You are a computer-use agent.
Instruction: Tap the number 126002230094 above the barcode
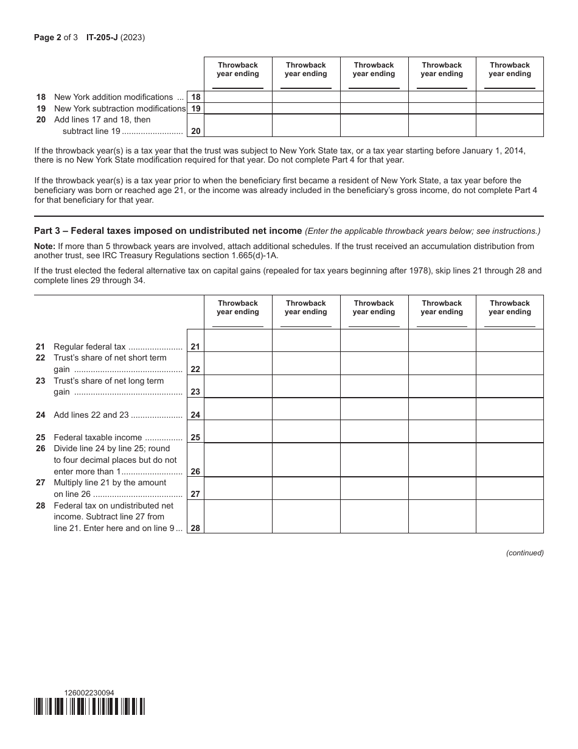pyautogui.click(x=88, y=692)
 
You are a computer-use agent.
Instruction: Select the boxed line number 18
pyautogui.click(x=195, y=97)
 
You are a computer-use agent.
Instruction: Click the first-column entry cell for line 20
pyautogui.click(x=238, y=125)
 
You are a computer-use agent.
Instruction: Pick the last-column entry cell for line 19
pyautogui.click(x=509, y=108)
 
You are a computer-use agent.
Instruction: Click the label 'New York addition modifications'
pyautogui.click(x=113, y=97)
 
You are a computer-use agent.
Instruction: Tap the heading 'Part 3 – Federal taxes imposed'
pyautogui.click(x=168, y=231)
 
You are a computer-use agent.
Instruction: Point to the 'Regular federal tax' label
pyautogui.click(x=89, y=346)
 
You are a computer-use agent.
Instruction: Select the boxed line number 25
pyautogui.click(x=195, y=437)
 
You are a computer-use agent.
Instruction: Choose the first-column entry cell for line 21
pyautogui.click(x=238, y=341)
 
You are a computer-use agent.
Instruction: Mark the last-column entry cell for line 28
pyautogui.click(x=509, y=517)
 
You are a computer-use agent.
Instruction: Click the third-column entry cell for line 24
pyautogui.click(x=374, y=409)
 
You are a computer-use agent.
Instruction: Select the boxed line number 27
pyautogui.click(x=195, y=494)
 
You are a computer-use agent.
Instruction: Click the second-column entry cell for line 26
pyautogui.click(x=305, y=460)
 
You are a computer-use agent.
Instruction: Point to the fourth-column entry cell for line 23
pyautogui.click(x=442, y=386)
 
